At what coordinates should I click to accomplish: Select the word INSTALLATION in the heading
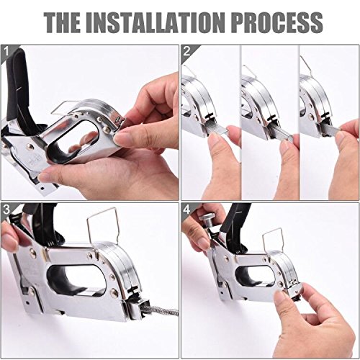coord(168,22)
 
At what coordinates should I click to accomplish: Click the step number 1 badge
coord(8,52)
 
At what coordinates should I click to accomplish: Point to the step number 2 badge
coord(186,52)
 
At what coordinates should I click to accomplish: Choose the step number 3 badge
coord(8,210)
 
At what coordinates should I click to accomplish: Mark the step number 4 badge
coord(186,210)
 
